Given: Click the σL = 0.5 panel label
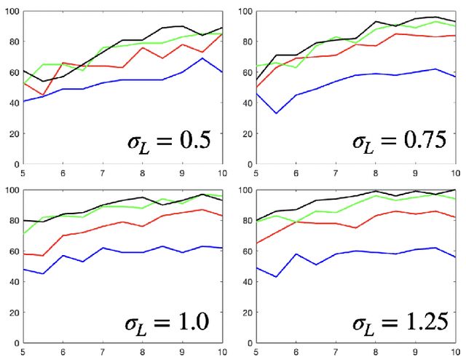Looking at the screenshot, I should pyautogui.click(x=166, y=138).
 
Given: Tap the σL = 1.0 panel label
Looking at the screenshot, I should pyautogui.click(x=166, y=321).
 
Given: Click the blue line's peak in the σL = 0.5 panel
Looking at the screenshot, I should pyautogui.click(x=202, y=58).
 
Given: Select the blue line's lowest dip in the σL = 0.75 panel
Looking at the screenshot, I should pyautogui.click(x=276, y=114).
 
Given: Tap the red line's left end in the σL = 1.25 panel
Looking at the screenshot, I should pyautogui.click(x=256, y=244).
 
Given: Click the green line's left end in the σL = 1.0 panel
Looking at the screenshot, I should pyautogui.click(x=23, y=234).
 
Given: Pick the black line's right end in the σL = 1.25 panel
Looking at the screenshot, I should pyautogui.click(x=454, y=190).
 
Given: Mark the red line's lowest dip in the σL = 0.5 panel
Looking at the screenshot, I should pyautogui.click(x=43, y=95).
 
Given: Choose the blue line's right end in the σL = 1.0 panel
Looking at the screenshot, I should pyautogui.click(x=222, y=249).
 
